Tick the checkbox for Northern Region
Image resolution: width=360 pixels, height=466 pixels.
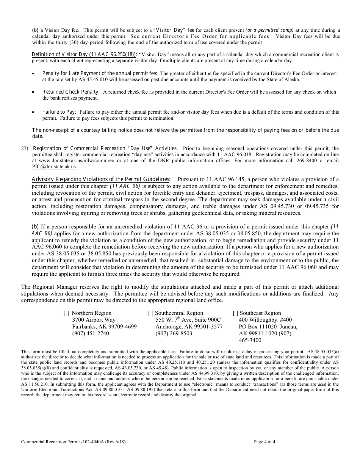pos(66,313)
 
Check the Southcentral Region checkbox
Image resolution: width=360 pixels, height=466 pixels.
pos(151,313)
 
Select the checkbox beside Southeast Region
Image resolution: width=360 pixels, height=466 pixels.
pos(235,313)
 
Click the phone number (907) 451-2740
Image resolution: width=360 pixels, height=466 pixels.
pos(90,333)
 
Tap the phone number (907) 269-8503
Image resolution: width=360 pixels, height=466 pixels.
pos(174,333)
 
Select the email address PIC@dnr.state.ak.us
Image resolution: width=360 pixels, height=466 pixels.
pos(54,166)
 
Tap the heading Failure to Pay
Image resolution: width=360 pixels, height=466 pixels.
pos(59,112)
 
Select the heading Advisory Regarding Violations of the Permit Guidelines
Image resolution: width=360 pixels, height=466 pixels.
pos(100,179)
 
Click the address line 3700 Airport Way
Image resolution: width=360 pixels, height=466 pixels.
pos(94,320)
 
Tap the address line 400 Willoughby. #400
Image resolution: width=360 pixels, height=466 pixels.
pos(265,320)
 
